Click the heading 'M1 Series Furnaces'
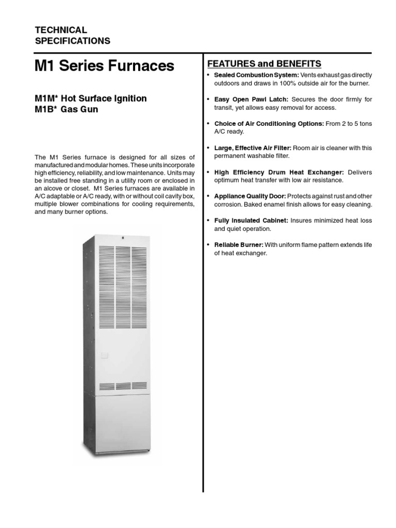click(x=104, y=66)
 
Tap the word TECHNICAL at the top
click(x=60, y=30)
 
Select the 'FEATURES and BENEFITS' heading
click(x=264, y=64)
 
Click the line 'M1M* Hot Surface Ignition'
click(x=90, y=98)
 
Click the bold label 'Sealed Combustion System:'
click(x=256, y=75)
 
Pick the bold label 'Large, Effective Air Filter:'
click(x=253, y=148)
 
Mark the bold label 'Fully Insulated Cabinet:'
click(x=251, y=221)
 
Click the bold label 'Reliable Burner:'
click(x=238, y=245)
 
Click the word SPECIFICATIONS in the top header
click(x=72, y=41)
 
